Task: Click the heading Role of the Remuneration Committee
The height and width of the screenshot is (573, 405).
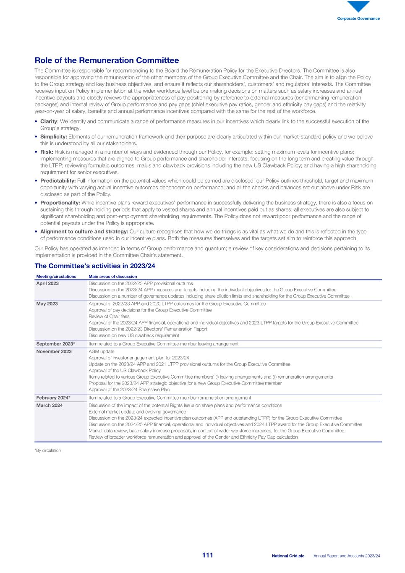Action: tap(107, 60)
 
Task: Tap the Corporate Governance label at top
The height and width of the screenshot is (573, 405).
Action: tap(358, 18)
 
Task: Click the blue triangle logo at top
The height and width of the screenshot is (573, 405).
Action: tap(358, 7)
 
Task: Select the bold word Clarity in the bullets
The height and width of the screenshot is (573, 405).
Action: tap(48, 121)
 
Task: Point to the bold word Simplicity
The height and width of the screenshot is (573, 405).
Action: tap(53, 137)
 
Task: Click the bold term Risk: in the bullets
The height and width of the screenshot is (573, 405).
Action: tap(47, 152)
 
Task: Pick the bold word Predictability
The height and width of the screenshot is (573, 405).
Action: tap(58, 181)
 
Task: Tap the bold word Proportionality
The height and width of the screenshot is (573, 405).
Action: tap(60, 203)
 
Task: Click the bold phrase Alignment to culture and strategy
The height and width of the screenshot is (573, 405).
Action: tap(84, 232)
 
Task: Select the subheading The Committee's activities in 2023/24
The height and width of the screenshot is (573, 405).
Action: tap(95, 266)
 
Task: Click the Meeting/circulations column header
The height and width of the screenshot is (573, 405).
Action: tap(56, 276)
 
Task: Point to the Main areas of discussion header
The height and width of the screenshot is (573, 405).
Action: tap(112, 276)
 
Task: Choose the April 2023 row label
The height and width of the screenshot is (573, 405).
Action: tap(47, 283)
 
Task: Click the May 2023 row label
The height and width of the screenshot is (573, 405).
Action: tap(47, 304)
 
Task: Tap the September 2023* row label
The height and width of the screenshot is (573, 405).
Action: tap(55, 344)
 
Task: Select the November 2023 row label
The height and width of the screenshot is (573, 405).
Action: tap(54, 351)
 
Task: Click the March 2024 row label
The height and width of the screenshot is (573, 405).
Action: tap(50, 406)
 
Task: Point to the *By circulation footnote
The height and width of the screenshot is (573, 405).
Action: tap(47, 450)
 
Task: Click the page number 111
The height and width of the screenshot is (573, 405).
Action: tap(207, 555)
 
